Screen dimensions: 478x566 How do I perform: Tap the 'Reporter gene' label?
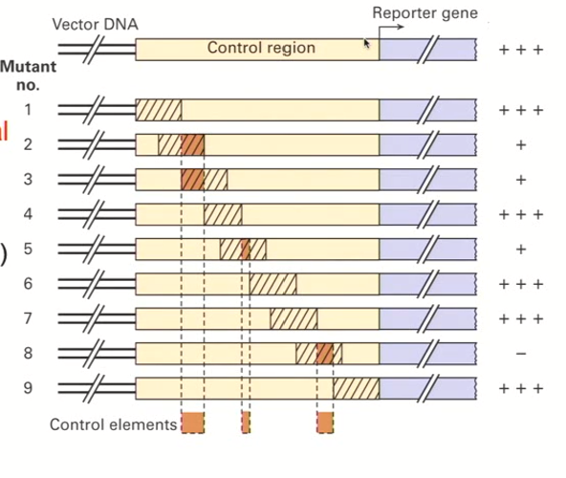tap(425, 13)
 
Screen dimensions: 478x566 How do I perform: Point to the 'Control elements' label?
tap(113, 424)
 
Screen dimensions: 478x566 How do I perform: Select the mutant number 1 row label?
tap(28, 109)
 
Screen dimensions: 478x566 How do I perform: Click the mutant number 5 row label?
tap(28, 249)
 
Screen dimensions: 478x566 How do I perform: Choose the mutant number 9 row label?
tap(28, 388)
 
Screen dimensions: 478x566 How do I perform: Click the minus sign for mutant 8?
tap(520, 354)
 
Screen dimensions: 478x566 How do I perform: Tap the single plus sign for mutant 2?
tap(520, 144)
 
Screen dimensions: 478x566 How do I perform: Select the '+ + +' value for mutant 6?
tap(520, 284)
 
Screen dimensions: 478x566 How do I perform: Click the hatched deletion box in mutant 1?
tap(159, 110)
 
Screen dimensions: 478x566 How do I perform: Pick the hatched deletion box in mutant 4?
tap(223, 214)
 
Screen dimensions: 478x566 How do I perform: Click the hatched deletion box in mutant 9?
tap(356, 388)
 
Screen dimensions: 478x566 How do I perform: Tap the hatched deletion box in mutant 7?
tap(293, 318)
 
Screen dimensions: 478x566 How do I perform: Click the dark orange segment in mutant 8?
tap(325, 354)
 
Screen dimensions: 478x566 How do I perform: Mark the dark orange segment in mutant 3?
tap(192, 180)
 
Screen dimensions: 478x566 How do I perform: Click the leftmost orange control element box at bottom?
tap(192, 423)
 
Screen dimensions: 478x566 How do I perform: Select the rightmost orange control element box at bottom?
tap(325, 423)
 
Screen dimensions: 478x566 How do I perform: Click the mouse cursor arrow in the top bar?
tap(366, 43)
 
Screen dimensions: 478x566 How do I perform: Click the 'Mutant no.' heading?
tap(28, 76)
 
